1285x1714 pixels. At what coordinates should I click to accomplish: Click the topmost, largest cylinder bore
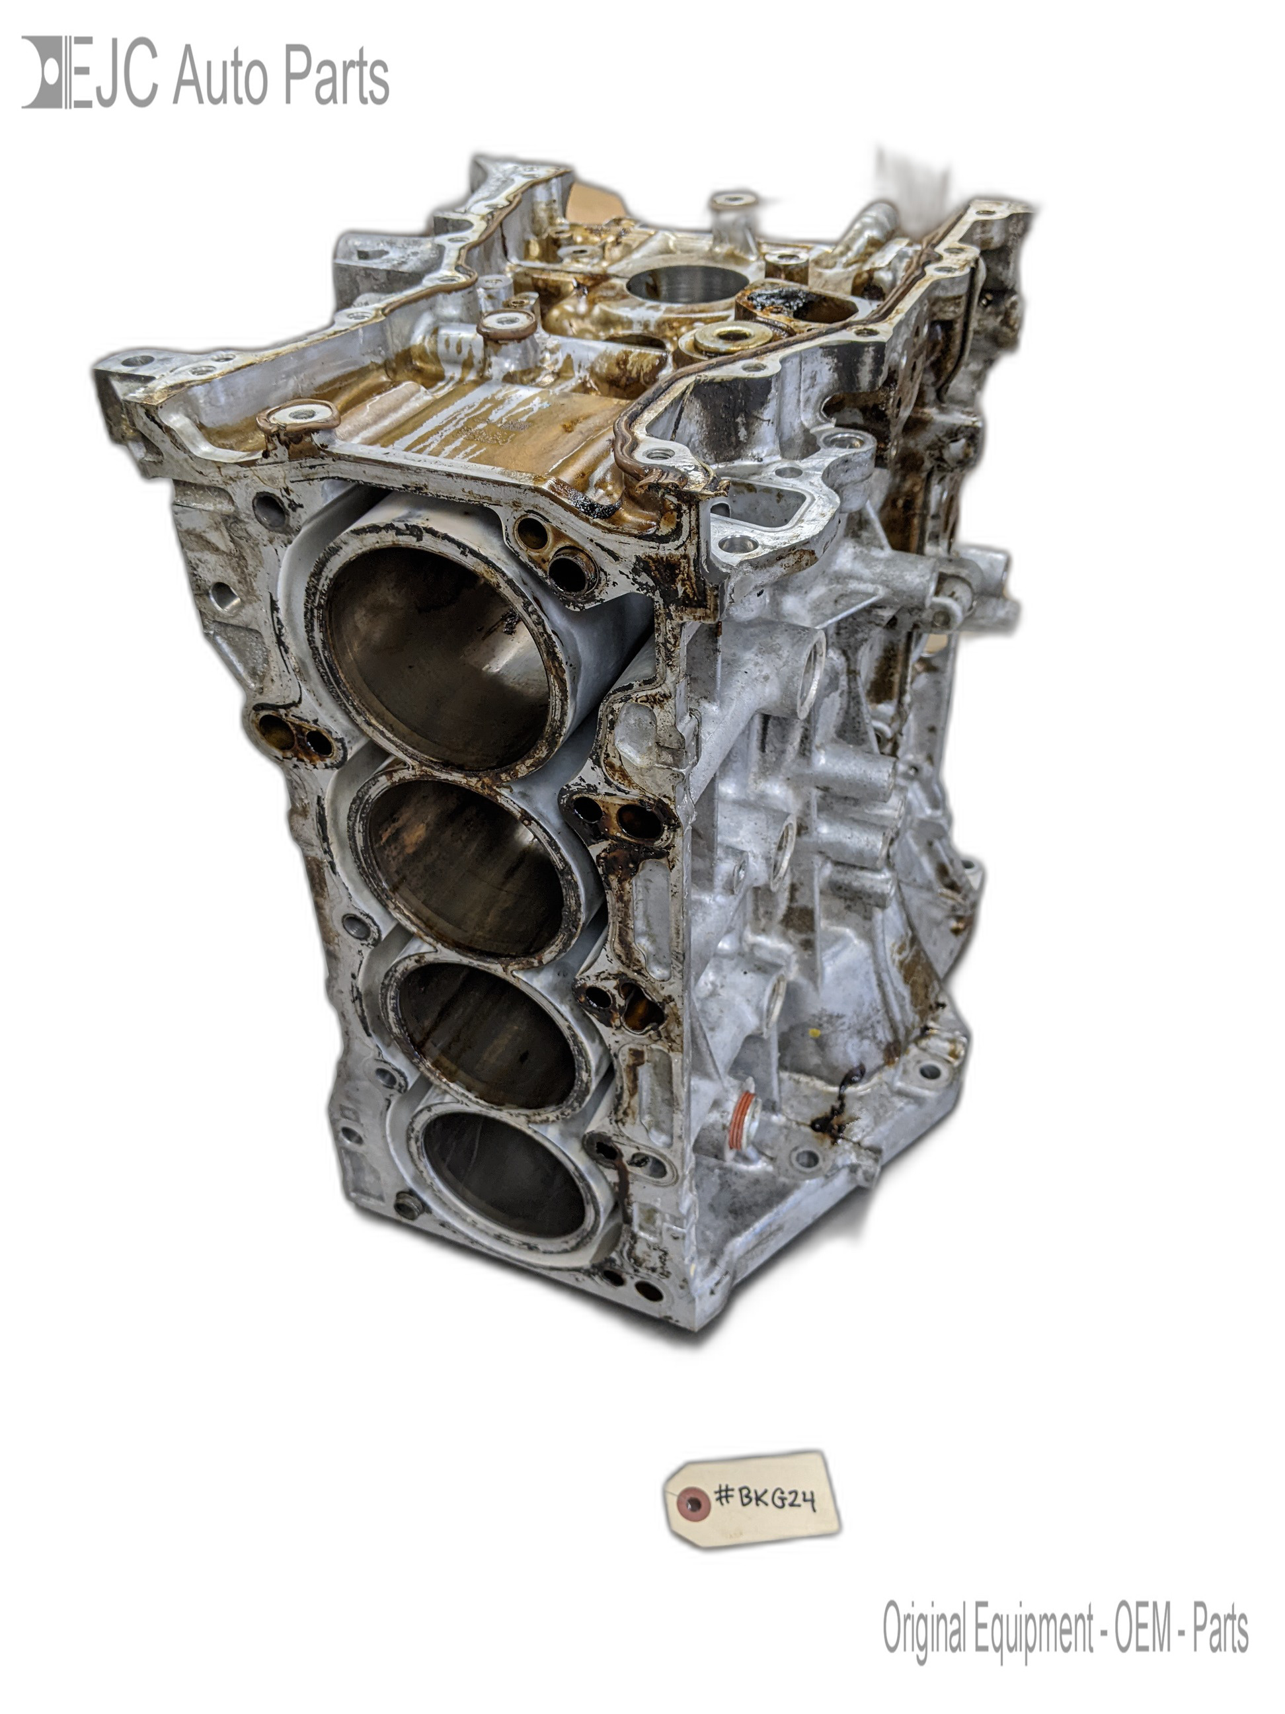(x=442, y=657)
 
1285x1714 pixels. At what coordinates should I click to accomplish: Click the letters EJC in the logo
(x=113, y=71)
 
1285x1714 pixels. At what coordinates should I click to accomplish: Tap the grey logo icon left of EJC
(x=45, y=71)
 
